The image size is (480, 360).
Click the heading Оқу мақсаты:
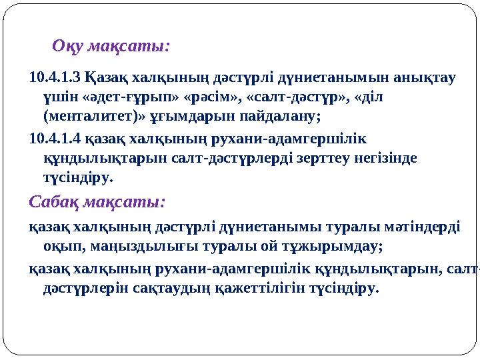[111, 47]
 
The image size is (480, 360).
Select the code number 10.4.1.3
[57, 77]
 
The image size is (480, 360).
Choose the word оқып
[59, 247]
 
